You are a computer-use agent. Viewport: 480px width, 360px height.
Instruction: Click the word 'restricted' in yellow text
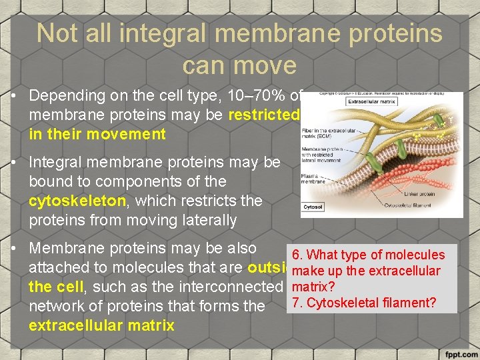[263, 115]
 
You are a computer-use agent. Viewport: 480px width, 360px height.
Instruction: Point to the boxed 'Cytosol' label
[313, 207]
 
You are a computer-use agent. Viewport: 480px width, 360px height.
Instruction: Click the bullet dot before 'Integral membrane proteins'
[14, 163]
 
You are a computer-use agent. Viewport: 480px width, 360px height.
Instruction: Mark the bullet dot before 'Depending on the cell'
[14, 96]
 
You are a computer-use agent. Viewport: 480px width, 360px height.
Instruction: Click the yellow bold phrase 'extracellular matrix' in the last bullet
[101, 325]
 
